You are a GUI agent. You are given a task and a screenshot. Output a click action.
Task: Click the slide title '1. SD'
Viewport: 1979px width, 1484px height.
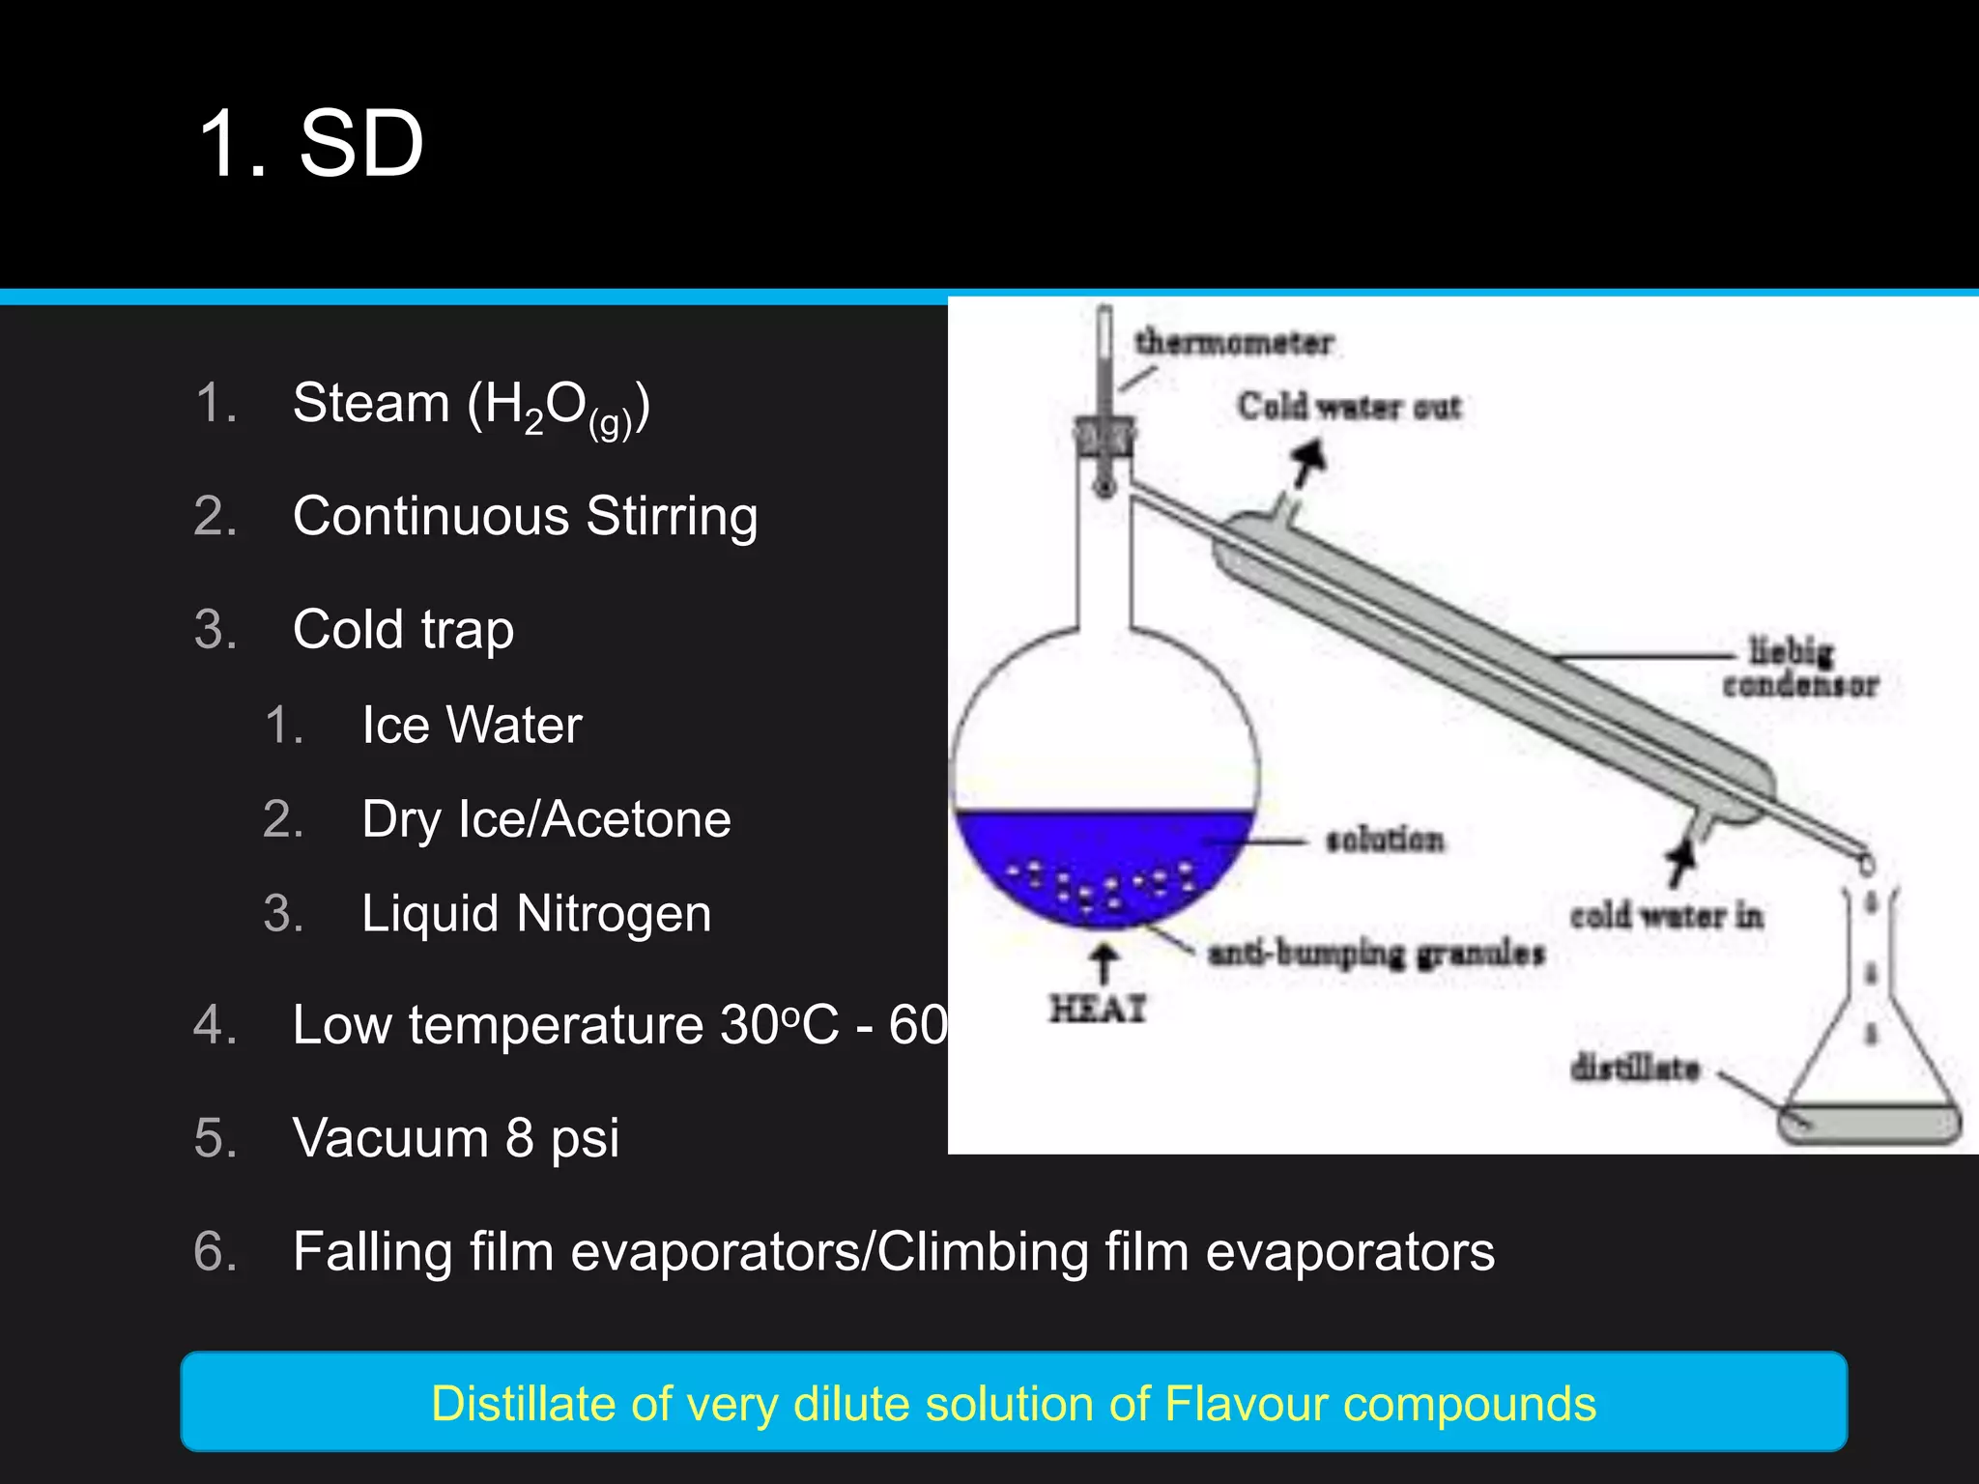click(310, 145)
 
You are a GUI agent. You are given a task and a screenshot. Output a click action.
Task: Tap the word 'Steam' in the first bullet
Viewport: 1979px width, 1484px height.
click(371, 403)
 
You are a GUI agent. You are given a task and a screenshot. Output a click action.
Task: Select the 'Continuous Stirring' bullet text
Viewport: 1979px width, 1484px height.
click(525, 516)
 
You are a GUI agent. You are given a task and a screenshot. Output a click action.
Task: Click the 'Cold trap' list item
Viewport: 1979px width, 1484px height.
click(403, 630)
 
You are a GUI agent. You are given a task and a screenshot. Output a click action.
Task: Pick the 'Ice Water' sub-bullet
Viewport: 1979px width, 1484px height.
click(472, 725)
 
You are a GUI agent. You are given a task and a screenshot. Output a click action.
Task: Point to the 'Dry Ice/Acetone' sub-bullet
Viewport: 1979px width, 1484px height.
click(546, 819)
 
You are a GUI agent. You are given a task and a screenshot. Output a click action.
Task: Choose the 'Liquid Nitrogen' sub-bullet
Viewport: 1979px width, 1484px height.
click(536, 914)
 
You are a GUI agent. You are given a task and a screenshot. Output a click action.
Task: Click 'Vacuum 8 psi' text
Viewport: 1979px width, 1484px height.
click(455, 1138)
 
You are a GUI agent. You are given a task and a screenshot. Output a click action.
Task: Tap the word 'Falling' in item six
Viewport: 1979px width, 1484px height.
click(372, 1252)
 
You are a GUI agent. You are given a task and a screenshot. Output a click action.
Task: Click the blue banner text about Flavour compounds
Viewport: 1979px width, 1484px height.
click(1013, 1403)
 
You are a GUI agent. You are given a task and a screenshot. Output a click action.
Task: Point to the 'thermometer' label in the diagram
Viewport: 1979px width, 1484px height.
click(1234, 342)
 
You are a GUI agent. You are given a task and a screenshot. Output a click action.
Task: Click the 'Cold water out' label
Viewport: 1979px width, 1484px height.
click(1349, 407)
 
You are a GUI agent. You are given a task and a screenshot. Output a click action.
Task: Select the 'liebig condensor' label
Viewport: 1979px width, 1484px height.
click(1799, 668)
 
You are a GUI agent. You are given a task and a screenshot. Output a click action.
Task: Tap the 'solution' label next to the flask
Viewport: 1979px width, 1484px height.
click(1385, 840)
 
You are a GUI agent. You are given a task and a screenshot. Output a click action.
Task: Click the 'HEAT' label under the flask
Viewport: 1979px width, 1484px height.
click(1098, 1009)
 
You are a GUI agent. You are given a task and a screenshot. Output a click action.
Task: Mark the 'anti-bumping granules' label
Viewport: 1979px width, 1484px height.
click(1376, 954)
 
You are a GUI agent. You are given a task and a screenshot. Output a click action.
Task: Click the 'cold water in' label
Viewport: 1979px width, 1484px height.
click(1666, 915)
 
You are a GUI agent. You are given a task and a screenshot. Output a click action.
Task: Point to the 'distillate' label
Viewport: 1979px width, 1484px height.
click(1634, 1068)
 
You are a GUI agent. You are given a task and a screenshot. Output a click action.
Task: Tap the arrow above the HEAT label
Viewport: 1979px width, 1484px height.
click(1103, 964)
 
